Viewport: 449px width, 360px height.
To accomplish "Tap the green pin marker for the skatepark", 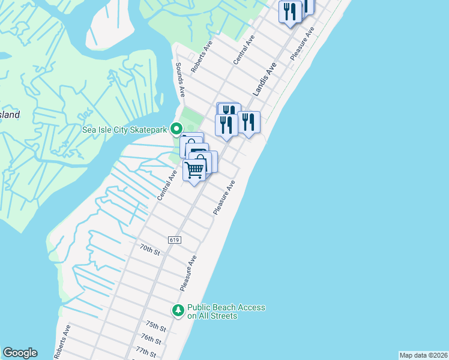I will point(176,128).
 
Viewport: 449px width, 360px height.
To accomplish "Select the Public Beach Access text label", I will point(226,311).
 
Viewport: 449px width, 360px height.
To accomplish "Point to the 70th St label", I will point(150,250).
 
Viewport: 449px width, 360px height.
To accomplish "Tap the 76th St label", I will point(151,339).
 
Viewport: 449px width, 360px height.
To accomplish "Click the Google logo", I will point(20,353).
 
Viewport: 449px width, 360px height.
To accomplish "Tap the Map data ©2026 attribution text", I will point(423,355).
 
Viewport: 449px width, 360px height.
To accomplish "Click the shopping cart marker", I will point(194,170).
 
